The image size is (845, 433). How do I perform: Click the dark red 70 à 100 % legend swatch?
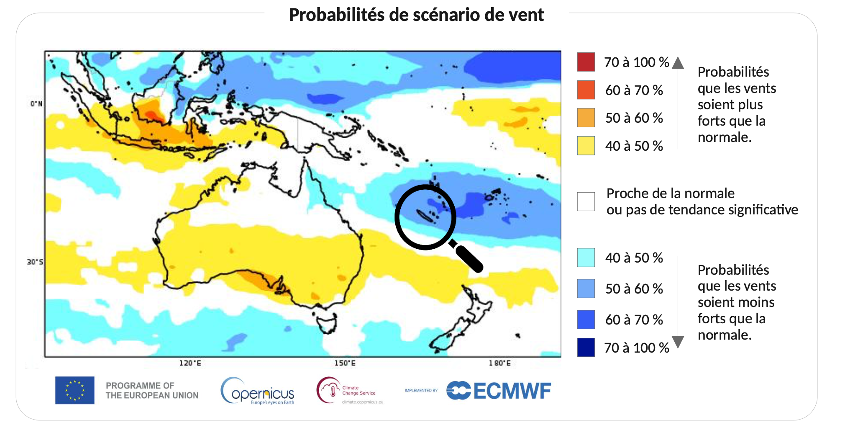[586, 62]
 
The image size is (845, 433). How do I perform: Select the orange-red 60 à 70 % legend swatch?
[586, 90]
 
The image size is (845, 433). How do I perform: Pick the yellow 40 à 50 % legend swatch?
[586, 146]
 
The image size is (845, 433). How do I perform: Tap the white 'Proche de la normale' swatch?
[586, 201]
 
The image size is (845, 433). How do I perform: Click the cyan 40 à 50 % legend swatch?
[586, 258]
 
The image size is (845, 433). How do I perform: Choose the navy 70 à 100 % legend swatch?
[586, 348]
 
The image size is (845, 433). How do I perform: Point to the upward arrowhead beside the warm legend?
[678, 63]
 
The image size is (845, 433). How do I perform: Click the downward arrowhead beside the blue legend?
[678, 342]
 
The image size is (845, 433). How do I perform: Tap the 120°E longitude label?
[190, 363]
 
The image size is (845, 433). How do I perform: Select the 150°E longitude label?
[345, 363]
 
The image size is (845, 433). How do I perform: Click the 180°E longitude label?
[499, 363]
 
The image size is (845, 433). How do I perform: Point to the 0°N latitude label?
[36, 103]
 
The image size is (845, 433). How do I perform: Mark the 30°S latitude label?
[35, 262]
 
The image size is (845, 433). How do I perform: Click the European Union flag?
[75, 390]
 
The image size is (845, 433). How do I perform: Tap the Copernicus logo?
[257, 391]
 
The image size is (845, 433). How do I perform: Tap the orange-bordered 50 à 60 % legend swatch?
[586, 118]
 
